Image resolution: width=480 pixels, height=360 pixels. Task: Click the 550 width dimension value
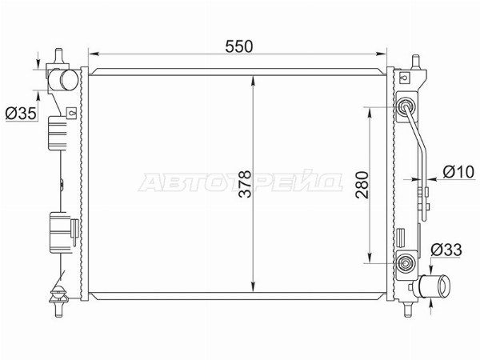point(239,46)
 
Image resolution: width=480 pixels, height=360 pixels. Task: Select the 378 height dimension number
point(245,184)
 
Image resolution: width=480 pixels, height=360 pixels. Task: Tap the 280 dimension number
point(362,185)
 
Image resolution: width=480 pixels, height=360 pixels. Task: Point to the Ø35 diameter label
point(21,114)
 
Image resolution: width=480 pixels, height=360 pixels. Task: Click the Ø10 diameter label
point(458,172)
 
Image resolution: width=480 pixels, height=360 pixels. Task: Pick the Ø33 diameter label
point(446,250)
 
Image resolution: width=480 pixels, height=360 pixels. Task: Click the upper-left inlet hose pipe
point(64,80)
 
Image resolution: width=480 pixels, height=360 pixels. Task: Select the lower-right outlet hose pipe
point(434,286)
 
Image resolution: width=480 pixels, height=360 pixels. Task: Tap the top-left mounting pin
point(58,56)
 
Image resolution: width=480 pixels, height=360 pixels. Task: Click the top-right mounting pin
point(415,62)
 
